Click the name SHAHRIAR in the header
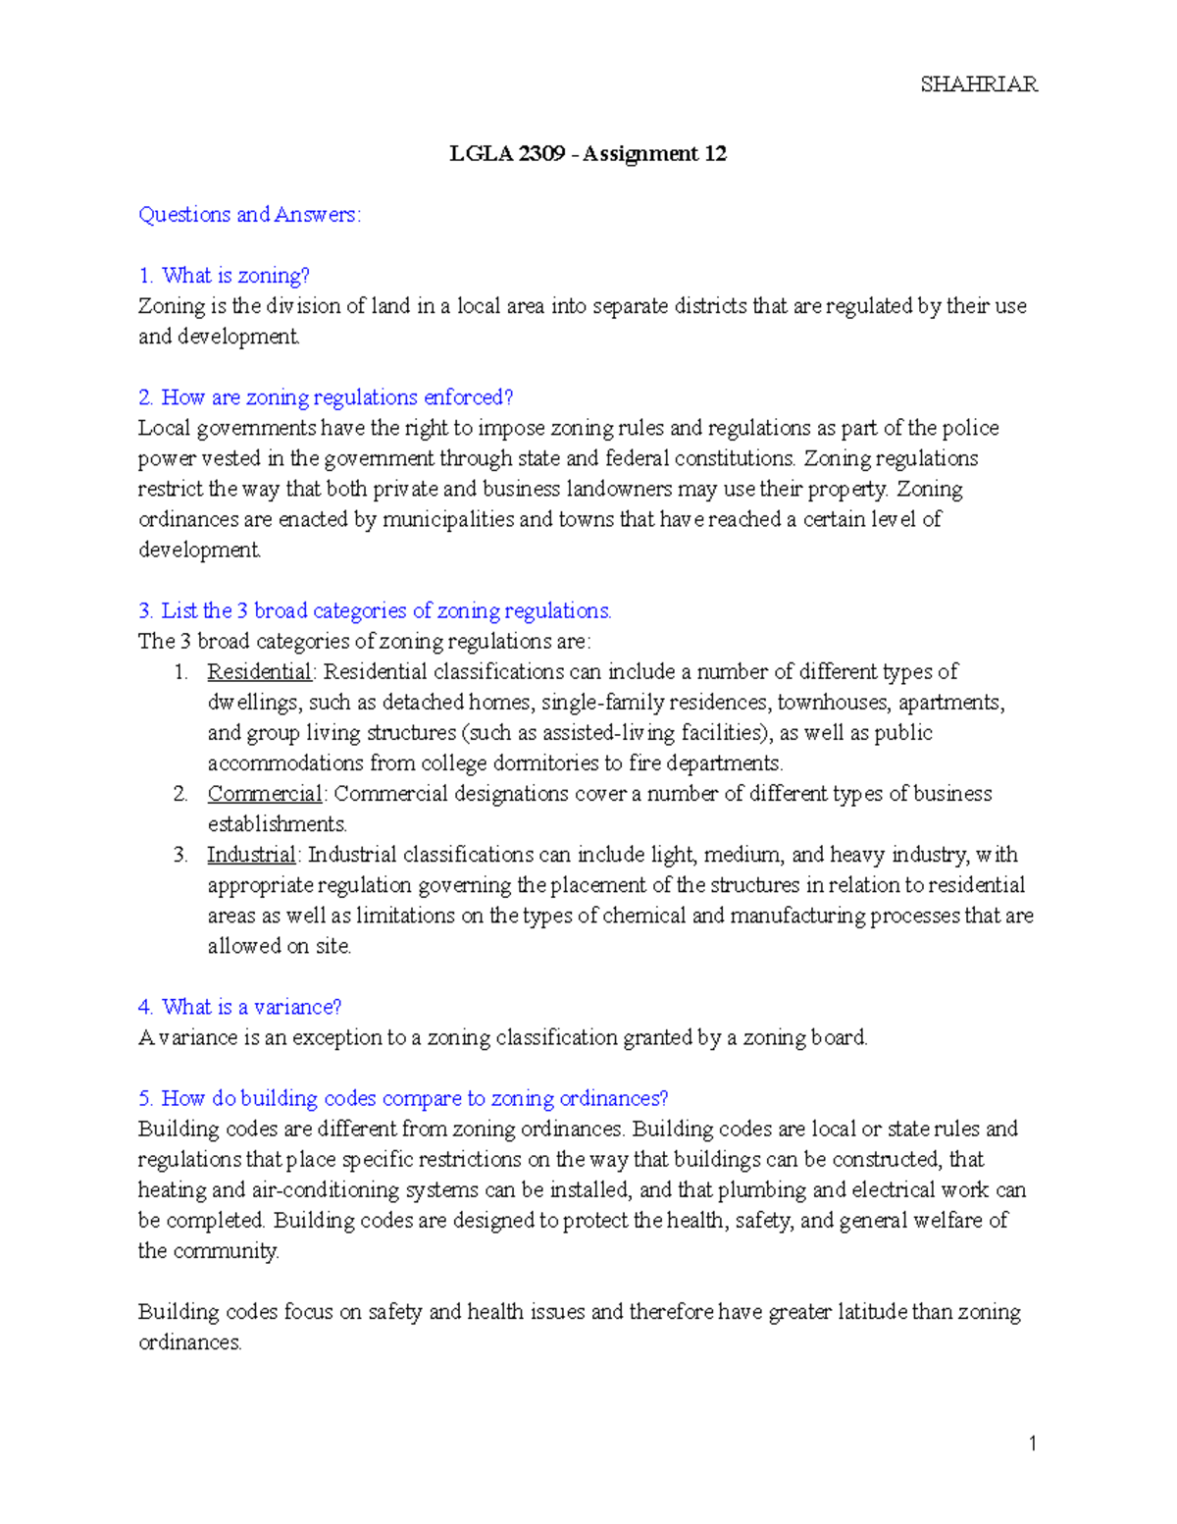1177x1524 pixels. coord(978,84)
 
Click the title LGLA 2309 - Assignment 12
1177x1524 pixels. coord(588,153)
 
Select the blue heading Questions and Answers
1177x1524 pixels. coord(249,214)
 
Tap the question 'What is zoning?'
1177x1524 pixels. coord(225,275)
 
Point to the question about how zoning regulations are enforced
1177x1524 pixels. coord(326,396)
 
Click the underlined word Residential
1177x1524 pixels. coord(259,671)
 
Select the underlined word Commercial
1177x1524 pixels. coord(264,793)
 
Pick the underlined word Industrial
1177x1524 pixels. coord(250,854)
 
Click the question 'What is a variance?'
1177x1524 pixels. coord(240,1006)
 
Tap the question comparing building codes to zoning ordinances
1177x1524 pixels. coord(403,1097)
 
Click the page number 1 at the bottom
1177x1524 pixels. coord(1032,1443)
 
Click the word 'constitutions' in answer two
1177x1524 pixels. coord(730,458)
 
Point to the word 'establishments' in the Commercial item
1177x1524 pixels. coord(277,823)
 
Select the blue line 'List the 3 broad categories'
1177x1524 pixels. coord(375,610)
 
